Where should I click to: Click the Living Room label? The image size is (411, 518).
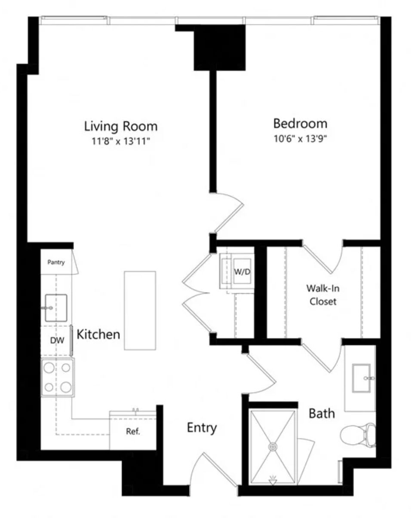pyautogui.click(x=121, y=126)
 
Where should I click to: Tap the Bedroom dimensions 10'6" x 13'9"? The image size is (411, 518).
pyautogui.click(x=300, y=139)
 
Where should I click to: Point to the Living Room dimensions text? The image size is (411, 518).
pyautogui.click(x=121, y=141)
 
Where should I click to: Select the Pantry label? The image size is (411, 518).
pyautogui.click(x=56, y=262)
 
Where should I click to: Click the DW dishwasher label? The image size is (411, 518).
pyautogui.click(x=57, y=340)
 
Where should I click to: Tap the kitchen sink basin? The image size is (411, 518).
pyautogui.click(x=56, y=308)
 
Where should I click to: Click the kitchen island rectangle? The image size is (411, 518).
pyautogui.click(x=140, y=311)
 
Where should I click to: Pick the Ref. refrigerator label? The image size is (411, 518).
pyautogui.click(x=133, y=431)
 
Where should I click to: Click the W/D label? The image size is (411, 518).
pyautogui.click(x=242, y=272)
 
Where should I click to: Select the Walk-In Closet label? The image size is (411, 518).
pyautogui.click(x=323, y=295)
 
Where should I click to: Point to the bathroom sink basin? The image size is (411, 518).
pyautogui.click(x=362, y=378)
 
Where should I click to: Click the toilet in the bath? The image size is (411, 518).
pyautogui.click(x=358, y=435)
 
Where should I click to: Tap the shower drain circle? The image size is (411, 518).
pyautogui.click(x=273, y=447)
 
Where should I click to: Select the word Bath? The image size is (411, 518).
pyautogui.click(x=322, y=414)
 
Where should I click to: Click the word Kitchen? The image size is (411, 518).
pyautogui.click(x=98, y=334)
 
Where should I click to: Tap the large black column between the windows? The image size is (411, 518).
pyautogui.click(x=220, y=48)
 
